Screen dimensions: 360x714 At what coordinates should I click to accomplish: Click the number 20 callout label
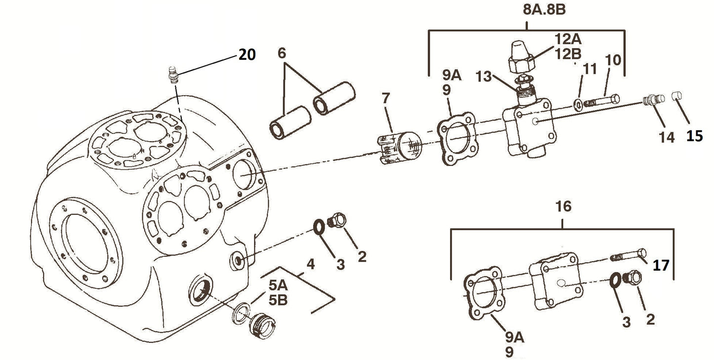247,54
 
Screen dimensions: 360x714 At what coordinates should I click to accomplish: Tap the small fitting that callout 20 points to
174,77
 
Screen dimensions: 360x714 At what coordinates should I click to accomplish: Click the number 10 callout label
613,60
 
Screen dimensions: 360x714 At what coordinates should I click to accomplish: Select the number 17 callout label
661,265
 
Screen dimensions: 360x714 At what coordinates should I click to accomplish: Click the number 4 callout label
310,264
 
